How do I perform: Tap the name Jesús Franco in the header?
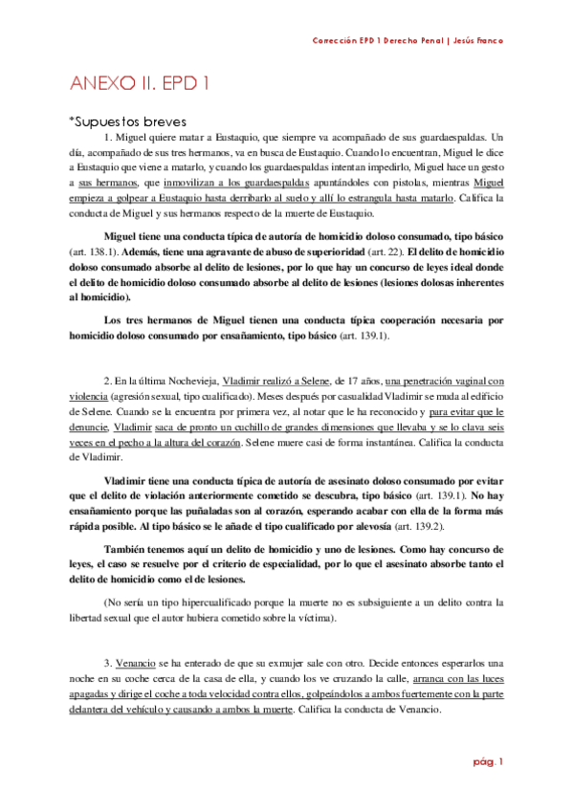pos(475,40)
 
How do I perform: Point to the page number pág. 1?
pos(489,762)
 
